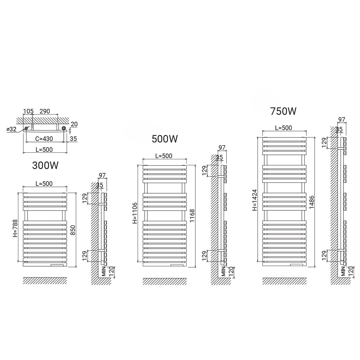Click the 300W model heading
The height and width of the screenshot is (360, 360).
coord(45,165)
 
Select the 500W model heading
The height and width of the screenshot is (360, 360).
coord(165,139)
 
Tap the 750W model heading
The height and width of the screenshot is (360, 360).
coord(283,111)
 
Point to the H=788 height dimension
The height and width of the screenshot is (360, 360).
coord(15,228)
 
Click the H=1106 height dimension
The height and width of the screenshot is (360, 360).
coord(135,213)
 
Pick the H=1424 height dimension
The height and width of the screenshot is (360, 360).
coord(255,200)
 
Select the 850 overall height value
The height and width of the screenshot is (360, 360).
coord(73,230)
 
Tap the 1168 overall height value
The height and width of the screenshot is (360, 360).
coord(192,216)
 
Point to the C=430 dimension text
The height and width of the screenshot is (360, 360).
coord(44,139)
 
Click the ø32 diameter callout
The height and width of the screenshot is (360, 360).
coord(12,129)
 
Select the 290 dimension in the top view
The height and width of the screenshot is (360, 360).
coord(45,111)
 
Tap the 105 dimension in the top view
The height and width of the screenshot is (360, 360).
coord(28,111)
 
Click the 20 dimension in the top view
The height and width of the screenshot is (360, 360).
coord(74,124)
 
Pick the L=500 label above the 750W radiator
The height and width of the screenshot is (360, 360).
coord(283,128)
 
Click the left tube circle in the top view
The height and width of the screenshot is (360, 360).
coord(26,128)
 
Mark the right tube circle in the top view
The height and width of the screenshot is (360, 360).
coord(64,128)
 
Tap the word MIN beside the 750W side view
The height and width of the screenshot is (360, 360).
coord(343,271)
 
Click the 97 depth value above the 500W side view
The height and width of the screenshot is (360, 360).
coord(222,147)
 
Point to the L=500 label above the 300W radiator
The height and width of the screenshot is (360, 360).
coord(44,184)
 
